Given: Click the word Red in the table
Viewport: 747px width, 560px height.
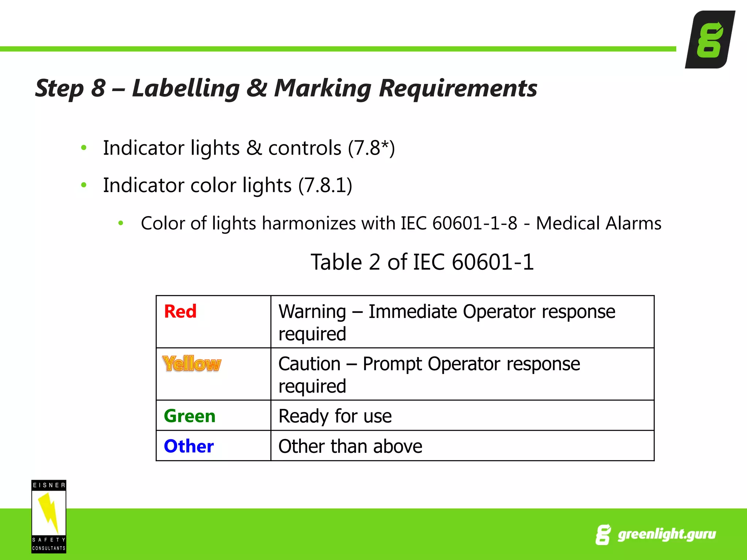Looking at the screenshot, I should [x=180, y=311].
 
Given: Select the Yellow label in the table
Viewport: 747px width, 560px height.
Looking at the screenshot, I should [x=192, y=363].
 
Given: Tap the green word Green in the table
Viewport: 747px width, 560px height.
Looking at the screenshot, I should [x=190, y=416].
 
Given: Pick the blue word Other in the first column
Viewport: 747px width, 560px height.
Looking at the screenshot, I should [x=189, y=446].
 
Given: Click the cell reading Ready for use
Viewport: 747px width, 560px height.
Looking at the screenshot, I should [x=335, y=416].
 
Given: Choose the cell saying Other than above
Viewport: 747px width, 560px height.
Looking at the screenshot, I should [x=350, y=446].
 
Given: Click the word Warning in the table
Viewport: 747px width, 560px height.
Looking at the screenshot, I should [x=312, y=312].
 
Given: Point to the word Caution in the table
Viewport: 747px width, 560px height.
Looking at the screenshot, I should [x=309, y=364].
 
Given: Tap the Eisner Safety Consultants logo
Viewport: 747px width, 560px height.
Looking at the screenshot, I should [x=49, y=516].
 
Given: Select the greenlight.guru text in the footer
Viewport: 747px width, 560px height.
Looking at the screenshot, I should [x=666, y=534].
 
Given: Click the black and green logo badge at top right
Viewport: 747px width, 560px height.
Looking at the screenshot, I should [x=710, y=39].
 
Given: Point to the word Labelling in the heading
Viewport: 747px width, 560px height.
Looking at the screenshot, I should [x=186, y=89].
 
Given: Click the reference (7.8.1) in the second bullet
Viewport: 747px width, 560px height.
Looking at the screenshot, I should [x=325, y=185].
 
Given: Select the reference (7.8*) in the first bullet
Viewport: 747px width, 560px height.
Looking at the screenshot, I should [x=371, y=148].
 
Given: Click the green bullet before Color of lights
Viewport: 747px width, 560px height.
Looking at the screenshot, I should [x=121, y=223].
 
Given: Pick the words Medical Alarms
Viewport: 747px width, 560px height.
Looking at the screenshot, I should [x=599, y=223].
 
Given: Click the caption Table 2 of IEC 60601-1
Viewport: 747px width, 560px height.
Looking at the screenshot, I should [x=422, y=262].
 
